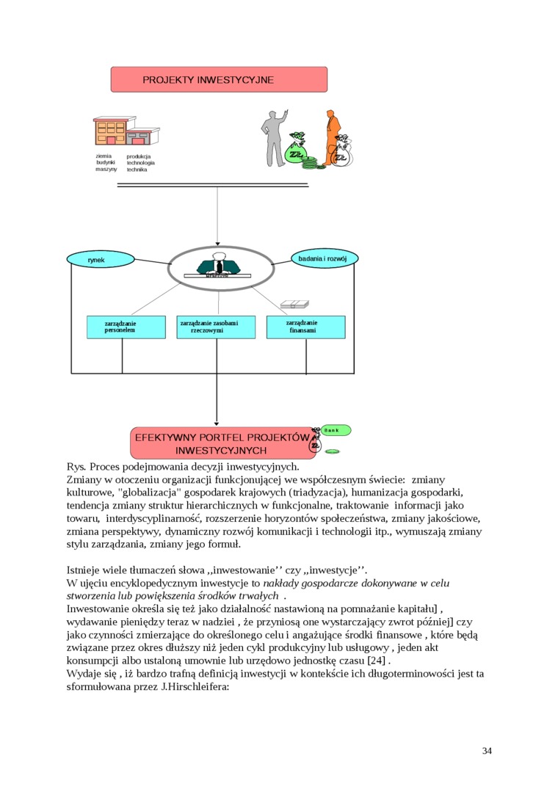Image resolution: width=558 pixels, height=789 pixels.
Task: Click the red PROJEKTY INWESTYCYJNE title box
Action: click(x=219, y=79)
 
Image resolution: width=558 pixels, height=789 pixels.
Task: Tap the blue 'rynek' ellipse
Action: click(x=96, y=260)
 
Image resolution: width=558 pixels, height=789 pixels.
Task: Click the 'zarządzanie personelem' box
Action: click(x=120, y=327)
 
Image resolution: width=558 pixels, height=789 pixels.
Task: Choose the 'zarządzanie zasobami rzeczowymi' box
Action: click(x=217, y=327)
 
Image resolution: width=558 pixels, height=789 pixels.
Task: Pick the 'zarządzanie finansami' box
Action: click(x=305, y=327)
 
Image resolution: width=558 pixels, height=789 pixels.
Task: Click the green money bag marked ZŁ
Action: click(x=297, y=153)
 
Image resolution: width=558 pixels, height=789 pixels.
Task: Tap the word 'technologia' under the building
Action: click(x=140, y=163)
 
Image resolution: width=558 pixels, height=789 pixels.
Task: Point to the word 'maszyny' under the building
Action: click(x=106, y=169)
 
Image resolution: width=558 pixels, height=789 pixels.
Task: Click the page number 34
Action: click(x=487, y=750)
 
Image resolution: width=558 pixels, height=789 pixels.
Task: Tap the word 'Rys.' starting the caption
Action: click(x=76, y=466)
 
